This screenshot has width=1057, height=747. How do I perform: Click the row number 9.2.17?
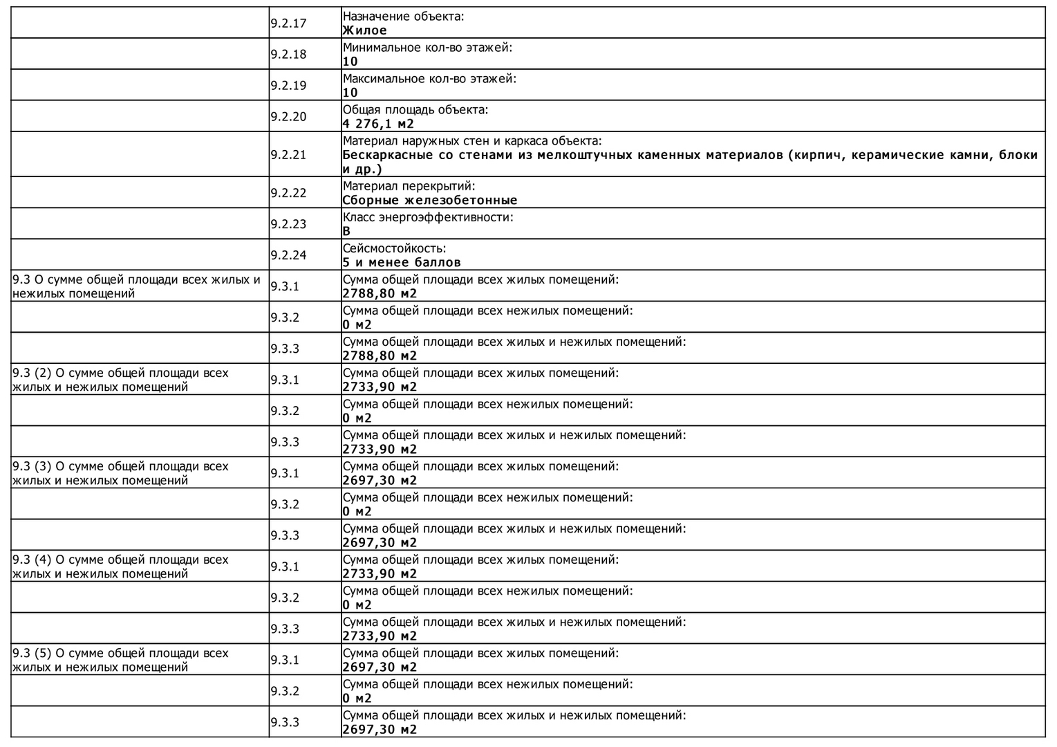[288, 24]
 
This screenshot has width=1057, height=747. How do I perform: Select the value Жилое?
[364, 30]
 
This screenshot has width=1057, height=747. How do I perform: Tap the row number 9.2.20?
[288, 117]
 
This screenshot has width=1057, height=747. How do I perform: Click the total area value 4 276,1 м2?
[378, 124]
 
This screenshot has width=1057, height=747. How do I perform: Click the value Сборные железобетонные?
[429, 200]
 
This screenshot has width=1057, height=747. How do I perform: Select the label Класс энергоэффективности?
[428, 217]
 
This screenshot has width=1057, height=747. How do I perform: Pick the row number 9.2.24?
[288, 255]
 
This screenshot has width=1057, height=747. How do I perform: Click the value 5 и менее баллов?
[401, 262]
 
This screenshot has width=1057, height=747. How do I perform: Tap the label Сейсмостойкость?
[394, 248]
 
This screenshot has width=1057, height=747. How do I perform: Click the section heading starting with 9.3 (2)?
[120, 380]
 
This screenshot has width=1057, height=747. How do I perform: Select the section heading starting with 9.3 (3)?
[120, 473]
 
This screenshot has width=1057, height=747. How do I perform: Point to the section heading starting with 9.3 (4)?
[120, 566]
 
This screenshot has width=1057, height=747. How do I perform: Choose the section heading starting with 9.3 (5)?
[120, 660]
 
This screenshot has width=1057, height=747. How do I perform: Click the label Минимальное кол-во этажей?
[427, 48]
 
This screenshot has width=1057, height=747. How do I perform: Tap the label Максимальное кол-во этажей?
[429, 79]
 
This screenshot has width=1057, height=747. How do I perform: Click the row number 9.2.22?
[288, 193]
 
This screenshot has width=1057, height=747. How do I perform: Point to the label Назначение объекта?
[403, 17]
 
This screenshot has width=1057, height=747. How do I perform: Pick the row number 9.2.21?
[288, 155]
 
